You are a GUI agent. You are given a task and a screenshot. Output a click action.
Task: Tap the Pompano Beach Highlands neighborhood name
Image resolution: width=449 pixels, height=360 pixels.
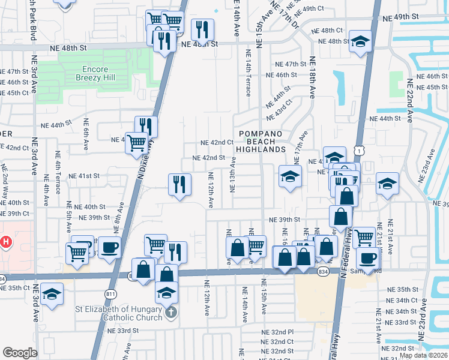click(260, 141)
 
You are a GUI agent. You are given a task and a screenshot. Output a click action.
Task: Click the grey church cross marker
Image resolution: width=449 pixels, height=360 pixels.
click(170, 313)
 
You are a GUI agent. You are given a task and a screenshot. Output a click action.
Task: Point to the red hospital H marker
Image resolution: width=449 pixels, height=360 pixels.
click(6, 243)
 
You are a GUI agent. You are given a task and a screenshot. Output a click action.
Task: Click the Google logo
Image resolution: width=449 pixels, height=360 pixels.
click(20, 353)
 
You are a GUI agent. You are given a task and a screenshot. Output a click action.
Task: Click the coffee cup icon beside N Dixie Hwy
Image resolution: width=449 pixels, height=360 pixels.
click(109, 247)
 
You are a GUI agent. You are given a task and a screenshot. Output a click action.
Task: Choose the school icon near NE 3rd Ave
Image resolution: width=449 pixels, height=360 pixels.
click(52, 293)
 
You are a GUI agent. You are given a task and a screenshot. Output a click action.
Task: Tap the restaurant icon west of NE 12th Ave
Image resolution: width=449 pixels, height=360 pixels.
click(179, 184)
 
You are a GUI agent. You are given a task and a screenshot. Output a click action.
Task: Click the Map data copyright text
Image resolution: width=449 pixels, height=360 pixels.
click(424, 355)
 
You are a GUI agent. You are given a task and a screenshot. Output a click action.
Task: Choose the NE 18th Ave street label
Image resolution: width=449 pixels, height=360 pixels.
click(312, 78)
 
